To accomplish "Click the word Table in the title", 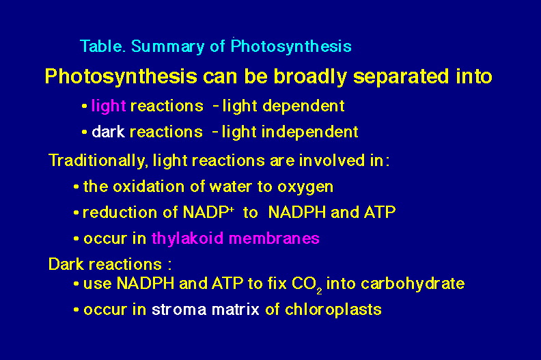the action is tap(102, 46).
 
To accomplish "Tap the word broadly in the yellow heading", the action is tap(310, 77).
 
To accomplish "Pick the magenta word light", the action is tap(109, 106).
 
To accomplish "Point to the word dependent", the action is tap(303, 106).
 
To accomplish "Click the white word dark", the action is tap(108, 132).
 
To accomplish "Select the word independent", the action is tap(310, 132).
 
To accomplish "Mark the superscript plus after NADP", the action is tap(232, 208).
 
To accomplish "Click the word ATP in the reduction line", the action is tap(380, 212).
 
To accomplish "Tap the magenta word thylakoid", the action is tap(187, 238).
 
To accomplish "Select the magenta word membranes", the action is tap(274, 238).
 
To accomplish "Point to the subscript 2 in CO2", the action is tap(319, 291).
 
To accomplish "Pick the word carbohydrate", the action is tap(413, 283).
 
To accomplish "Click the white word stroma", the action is tap(179, 309).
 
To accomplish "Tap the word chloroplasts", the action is tap(333, 309).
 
